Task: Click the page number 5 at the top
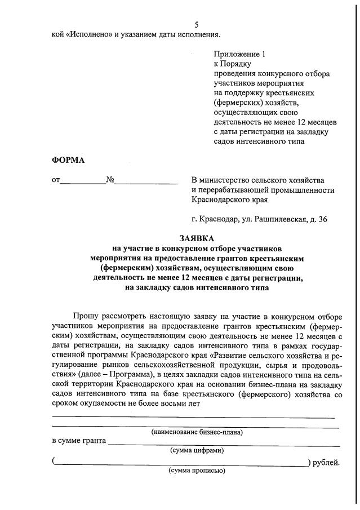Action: (196, 25)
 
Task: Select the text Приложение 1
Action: (239, 54)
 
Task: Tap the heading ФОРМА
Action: (68, 160)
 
